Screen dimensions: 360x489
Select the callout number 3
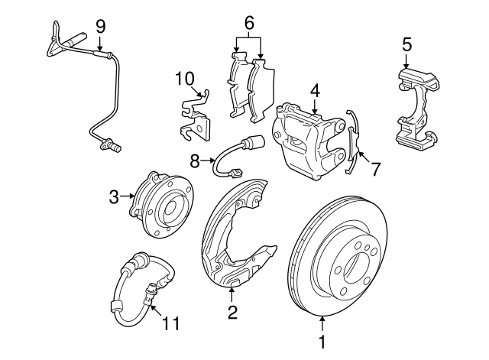113,197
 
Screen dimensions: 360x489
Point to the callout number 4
314,89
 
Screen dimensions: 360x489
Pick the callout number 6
249,23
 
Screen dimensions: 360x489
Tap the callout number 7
374,169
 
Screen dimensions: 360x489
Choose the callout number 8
194,161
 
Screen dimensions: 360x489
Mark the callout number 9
100,26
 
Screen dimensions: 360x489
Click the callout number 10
185,78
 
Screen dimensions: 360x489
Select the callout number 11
172,323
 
